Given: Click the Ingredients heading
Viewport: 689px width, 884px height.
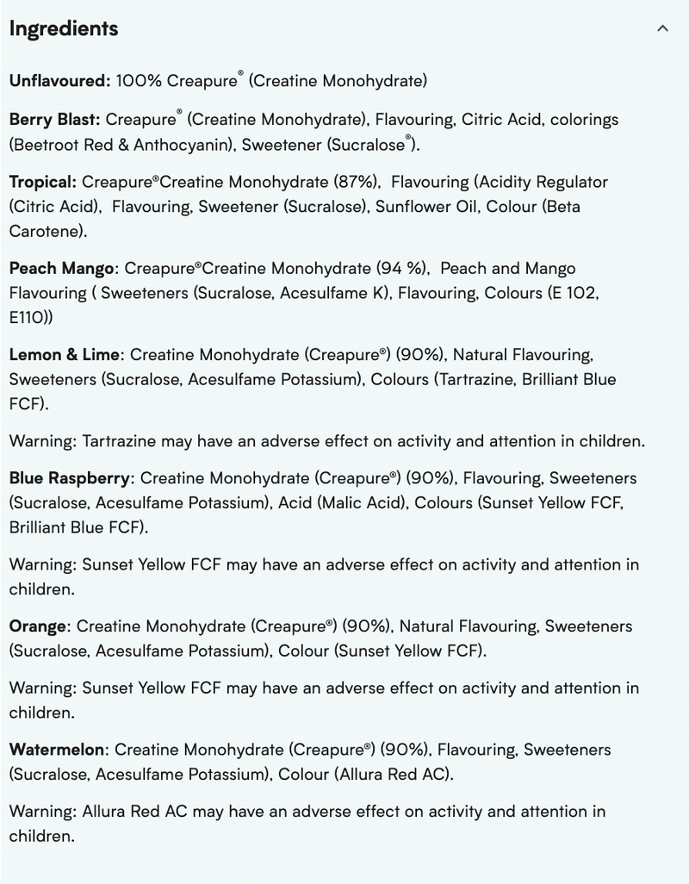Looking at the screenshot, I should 64,28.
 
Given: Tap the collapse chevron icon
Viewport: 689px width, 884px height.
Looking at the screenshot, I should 662,28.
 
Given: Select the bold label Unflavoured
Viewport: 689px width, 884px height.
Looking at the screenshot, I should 59,82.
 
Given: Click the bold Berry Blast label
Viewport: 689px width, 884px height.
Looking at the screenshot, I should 54,120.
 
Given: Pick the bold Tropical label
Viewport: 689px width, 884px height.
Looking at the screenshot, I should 43,183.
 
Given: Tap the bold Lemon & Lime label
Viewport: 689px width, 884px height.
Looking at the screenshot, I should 64,355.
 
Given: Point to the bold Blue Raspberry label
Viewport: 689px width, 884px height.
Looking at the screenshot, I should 70,478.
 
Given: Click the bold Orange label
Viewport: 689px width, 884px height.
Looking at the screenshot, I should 37,626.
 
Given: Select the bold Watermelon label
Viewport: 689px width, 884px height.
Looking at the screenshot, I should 57,750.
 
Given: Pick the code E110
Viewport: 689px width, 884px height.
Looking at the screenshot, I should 28,318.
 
